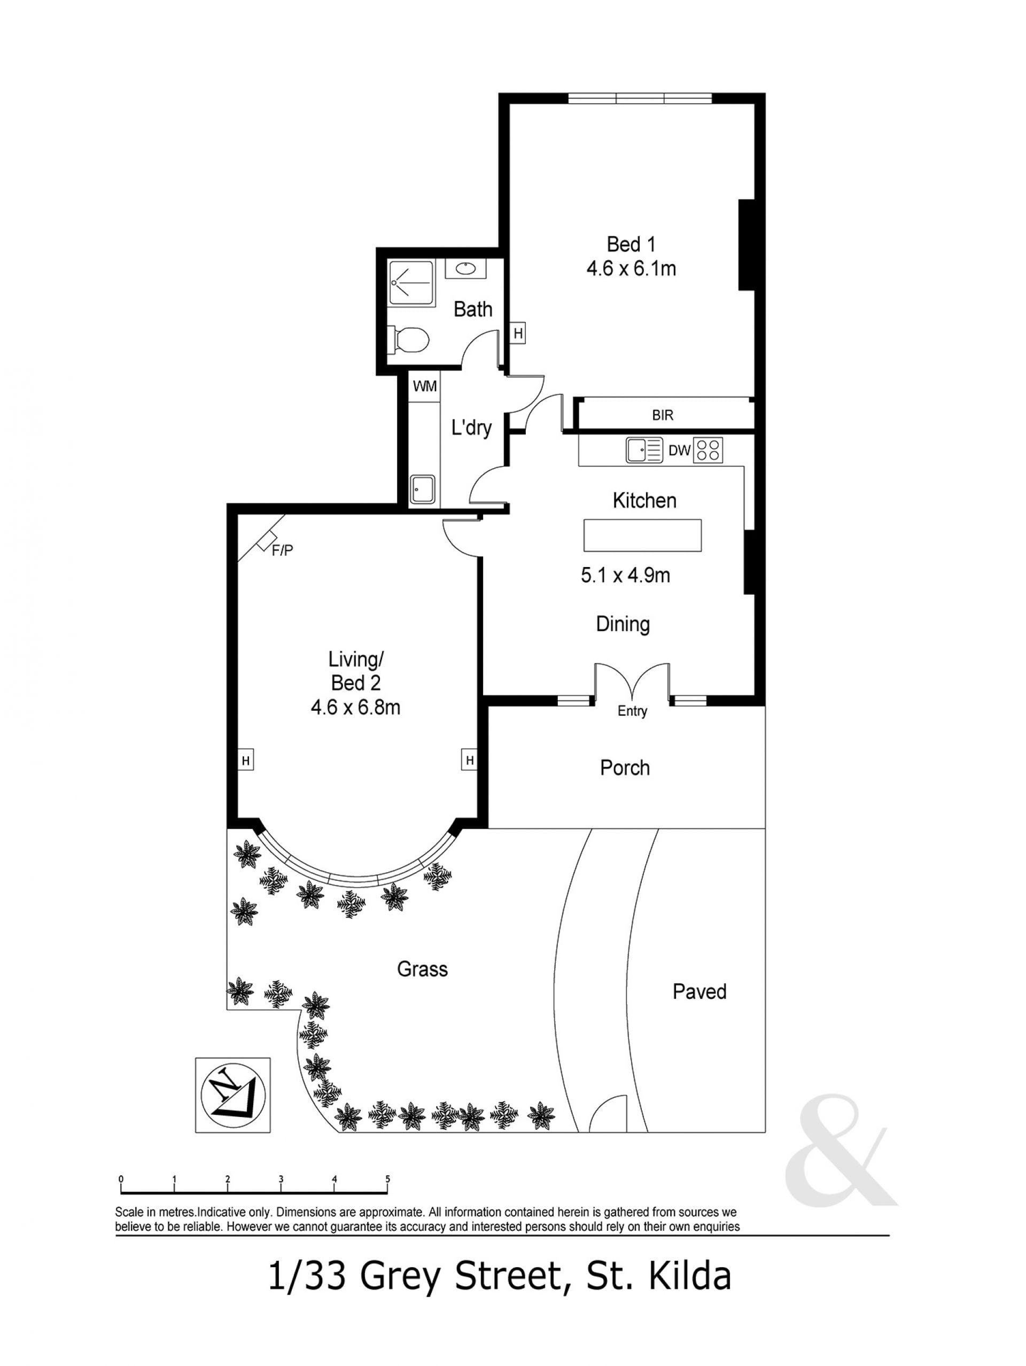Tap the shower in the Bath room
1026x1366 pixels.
(411, 281)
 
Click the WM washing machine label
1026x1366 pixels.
(425, 386)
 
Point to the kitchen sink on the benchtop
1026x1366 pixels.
(643, 450)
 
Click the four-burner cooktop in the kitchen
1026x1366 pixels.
(708, 450)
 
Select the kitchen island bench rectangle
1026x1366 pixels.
(642, 535)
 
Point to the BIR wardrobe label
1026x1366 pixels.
(663, 415)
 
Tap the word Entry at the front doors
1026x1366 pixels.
(632, 711)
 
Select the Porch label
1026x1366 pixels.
(625, 767)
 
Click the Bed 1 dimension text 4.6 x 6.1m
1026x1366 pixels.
(631, 269)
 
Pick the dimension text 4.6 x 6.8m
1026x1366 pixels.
(355, 707)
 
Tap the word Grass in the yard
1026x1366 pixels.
(422, 969)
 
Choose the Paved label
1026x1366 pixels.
(699, 991)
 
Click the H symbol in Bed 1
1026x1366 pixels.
(518, 333)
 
